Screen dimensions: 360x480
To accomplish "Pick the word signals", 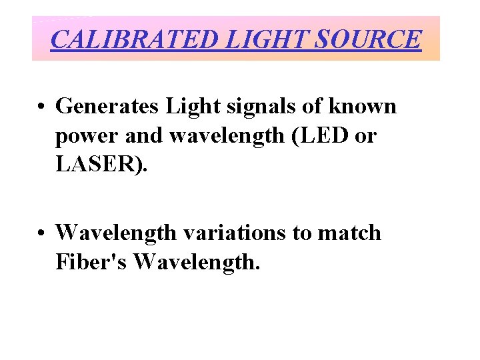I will (x=253, y=105).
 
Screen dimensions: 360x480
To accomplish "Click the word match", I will (x=352, y=233).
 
